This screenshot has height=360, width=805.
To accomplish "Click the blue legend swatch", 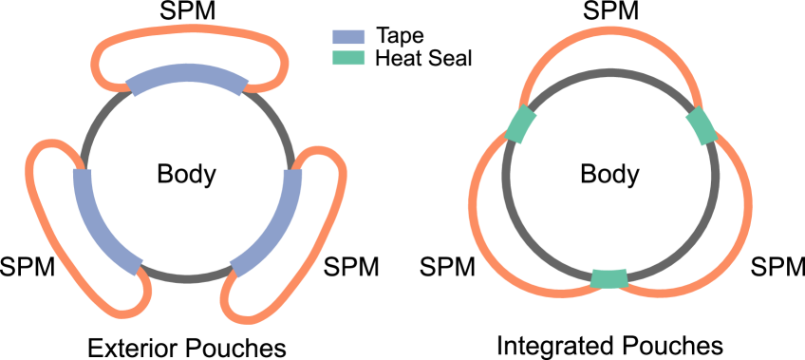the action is click(x=348, y=37).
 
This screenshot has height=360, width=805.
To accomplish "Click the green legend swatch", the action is click(x=348, y=58).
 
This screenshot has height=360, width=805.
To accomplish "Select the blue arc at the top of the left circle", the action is click(x=188, y=74).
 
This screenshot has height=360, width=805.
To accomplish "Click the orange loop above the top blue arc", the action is click(x=190, y=30).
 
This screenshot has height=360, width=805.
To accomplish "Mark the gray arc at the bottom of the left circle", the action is click(x=188, y=277).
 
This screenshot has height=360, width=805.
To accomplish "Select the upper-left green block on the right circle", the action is click(x=521, y=124).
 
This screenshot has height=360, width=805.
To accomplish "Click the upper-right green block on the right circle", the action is click(x=701, y=126).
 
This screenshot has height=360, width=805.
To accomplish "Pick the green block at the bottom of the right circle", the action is click(x=609, y=278).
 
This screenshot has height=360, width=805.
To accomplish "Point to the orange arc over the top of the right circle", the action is click(x=610, y=31).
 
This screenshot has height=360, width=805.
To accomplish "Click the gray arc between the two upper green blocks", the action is click(x=610, y=73).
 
